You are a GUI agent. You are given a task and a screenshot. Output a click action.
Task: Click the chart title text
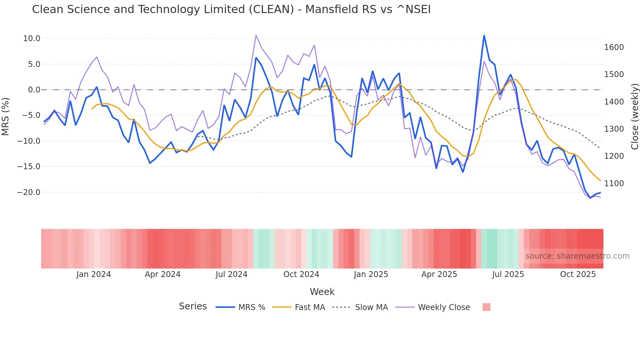click(x=231, y=9)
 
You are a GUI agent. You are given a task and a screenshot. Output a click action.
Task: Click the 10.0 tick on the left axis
click(x=32, y=39)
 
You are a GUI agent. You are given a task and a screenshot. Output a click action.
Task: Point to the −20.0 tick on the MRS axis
click(x=29, y=192)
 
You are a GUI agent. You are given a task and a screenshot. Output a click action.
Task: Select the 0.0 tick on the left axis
click(x=34, y=90)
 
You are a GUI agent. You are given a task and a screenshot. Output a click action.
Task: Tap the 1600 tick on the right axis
click(x=614, y=47)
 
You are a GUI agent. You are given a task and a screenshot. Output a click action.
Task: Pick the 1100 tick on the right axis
click(x=614, y=184)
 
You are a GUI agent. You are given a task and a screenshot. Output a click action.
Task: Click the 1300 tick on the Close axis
click(x=614, y=129)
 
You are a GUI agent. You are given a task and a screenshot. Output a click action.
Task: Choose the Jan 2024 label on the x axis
click(x=93, y=274)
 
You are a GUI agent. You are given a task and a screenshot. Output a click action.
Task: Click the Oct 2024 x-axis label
click(x=301, y=274)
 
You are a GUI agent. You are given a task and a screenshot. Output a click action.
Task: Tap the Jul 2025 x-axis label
click(x=508, y=274)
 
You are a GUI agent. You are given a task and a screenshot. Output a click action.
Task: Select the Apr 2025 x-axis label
click(x=439, y=274)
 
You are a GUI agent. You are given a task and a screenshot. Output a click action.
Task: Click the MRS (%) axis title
click(x=6, y=116)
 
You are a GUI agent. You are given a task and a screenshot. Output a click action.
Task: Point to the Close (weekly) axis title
click(x=634, y=116)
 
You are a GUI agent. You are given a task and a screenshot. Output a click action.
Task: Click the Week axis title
click(x=322, y=292)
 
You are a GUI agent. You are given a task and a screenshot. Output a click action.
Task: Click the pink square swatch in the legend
click(x=486, y=307)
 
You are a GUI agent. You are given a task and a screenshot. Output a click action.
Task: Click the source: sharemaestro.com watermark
click(x=577, y=256)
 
